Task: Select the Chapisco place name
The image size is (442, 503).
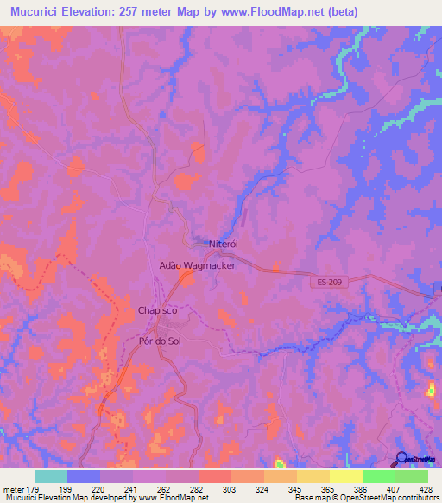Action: [x=157, y=309]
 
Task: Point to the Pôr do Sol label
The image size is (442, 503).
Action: [x=161, y=341]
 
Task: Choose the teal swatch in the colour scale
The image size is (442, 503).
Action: [x=51, y=476]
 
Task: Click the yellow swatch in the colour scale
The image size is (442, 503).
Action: [x=345, y=476]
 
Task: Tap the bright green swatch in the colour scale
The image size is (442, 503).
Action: [x=378, y=476]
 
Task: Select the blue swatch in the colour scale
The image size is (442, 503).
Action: [x=84, y=476]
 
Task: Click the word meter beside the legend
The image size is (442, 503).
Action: [x=15, y=490]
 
